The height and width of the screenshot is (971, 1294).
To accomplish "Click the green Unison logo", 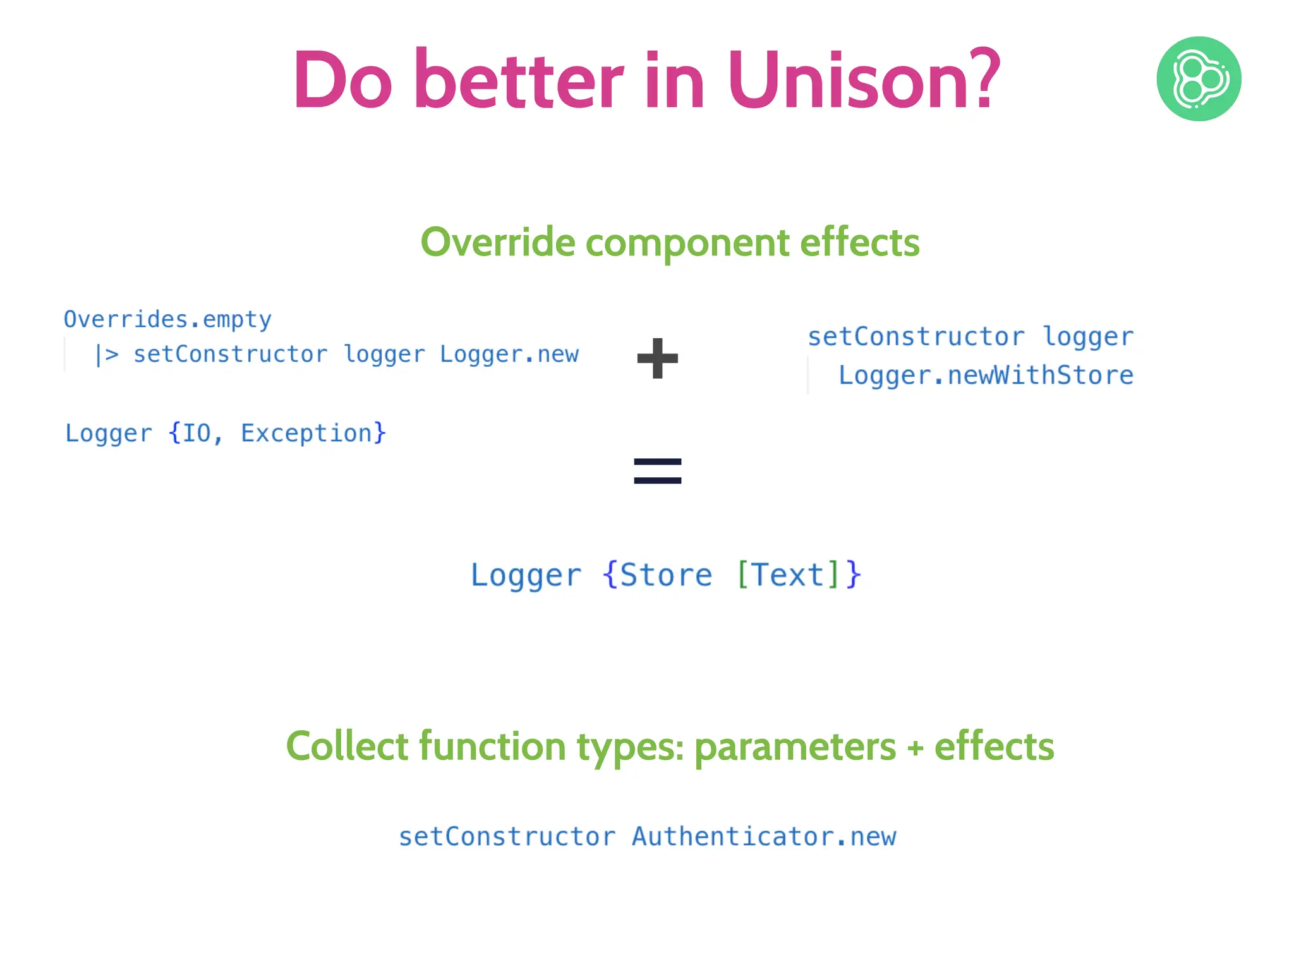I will [x=1199, y=79].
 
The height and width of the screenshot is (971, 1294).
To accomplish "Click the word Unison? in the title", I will [x=863, y=81].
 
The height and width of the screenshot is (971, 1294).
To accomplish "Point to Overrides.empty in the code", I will [x=167, y=320].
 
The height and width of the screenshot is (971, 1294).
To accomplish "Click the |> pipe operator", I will [x=106, y=355].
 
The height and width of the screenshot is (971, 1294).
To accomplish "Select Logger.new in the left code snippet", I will [x=509, y=355].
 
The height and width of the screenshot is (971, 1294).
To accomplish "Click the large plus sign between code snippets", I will [x=658, y=358].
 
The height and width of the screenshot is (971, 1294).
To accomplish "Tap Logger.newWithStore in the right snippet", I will [x=986, y=376].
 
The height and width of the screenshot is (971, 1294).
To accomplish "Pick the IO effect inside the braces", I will [x=196, y=434].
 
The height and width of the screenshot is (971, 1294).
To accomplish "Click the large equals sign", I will [x=658, y=472].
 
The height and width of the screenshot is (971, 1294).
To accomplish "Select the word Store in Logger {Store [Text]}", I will [x=666, y=575].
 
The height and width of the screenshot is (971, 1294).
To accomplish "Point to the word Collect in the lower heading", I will [x=347, y=747].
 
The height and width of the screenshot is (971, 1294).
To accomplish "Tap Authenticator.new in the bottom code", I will [x=764, y=837].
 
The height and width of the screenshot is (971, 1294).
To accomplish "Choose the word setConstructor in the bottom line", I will [x=507, y=837].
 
